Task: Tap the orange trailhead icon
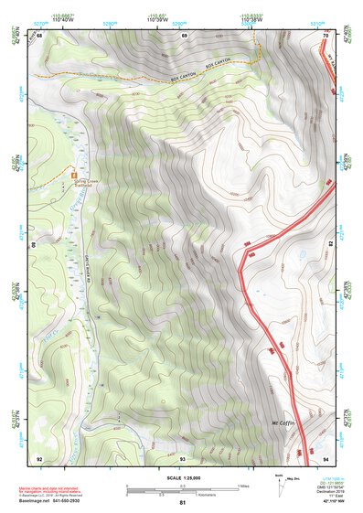pos(74,174)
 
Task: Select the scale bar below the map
pos(181,486)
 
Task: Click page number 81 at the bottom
pos(183,503)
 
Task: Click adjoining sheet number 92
pos(39,457)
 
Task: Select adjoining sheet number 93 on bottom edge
pos(183,457)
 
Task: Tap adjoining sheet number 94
pos(326,457)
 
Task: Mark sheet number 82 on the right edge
pos(330,245)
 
